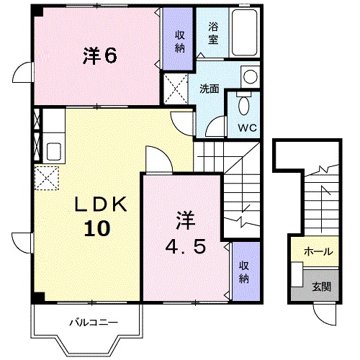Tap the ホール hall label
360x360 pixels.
click(318, 252)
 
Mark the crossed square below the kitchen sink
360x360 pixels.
click(46, 177)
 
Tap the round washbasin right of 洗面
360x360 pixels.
click(249, 76)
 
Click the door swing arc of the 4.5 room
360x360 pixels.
click(156, 159)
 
